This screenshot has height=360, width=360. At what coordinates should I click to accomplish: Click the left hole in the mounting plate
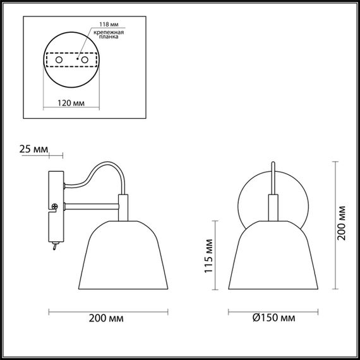click(x=59, y=59)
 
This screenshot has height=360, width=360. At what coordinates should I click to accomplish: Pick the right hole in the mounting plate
click(x=83, y=59)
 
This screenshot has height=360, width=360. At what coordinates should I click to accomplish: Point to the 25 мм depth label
click(x=33, y=149)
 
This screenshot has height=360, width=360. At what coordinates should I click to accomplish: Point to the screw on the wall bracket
click(x=55, y=205)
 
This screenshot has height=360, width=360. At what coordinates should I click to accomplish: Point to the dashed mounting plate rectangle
click(x=71, y=59)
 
